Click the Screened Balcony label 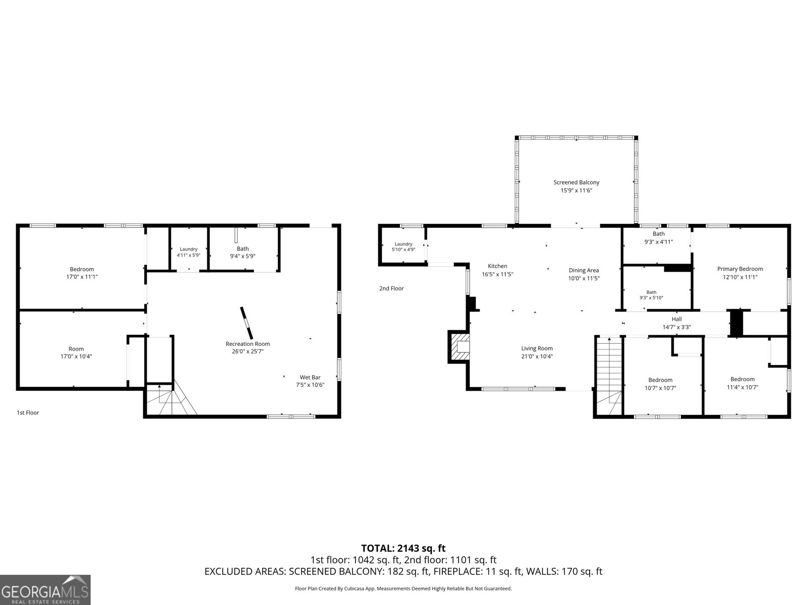tap(576, 182)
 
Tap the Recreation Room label tap(248, 344)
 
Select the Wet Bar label tap(310, 377)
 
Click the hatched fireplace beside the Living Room tap(459, 347)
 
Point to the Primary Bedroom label tap(740, 269)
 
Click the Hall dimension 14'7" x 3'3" tap(676, 327)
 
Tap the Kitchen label tap(497, 266)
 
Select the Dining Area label tap(584, 270)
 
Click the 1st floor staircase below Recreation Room tap(171, 399)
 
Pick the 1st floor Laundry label tap(188, 249)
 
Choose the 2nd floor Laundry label tap(403, 244)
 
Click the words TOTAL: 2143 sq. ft tap(403, 548)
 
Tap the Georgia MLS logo tap(45, 589)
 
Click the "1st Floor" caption tap(28, 412)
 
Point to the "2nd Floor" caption tap(391, 288)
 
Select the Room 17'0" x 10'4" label tap(76, 352)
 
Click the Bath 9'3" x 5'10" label tap(651, 295)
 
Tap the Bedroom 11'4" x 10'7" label tap(742, 383)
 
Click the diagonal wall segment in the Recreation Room tap(246, 323)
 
